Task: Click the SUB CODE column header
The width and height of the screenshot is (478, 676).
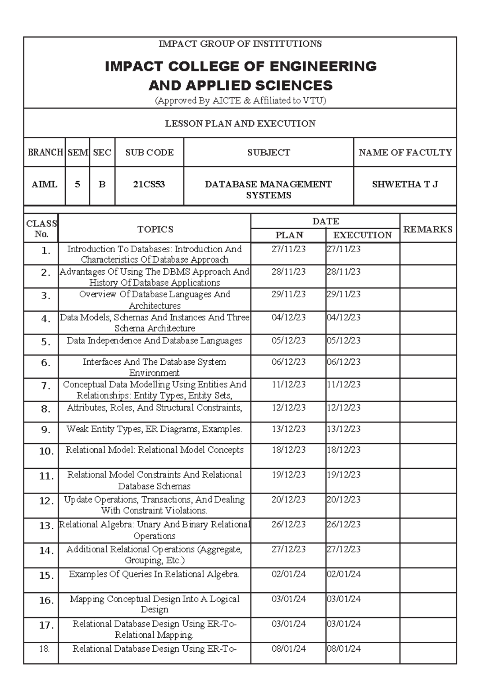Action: (149, 152)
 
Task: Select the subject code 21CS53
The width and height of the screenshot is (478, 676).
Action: (149, 184)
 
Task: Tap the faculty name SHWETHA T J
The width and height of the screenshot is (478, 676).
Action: (405, 184)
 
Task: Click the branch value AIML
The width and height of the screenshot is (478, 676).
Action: (44, 184)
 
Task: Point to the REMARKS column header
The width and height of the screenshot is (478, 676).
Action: (428, 229)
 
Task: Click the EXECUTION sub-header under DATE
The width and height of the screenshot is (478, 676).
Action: (362, 235)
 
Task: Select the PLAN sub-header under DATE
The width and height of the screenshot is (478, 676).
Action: (289, 235)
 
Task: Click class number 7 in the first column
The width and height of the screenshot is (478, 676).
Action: (46, 386)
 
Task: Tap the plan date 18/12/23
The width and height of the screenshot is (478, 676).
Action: (288, 450)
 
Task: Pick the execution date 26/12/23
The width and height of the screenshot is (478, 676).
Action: (343, 524)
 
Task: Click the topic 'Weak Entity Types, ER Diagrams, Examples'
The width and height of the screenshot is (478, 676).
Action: (154, 429)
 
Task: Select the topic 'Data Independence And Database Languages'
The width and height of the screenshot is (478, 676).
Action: (154, 340)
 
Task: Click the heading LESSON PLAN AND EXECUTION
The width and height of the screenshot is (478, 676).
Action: (240, 124)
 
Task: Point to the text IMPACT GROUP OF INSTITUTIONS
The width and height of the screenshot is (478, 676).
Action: (240, 44)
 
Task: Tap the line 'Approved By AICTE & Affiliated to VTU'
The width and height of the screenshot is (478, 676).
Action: (240, 100)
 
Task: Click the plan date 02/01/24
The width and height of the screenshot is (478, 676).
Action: (288, 574)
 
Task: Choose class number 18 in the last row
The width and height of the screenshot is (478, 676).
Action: (44, 648)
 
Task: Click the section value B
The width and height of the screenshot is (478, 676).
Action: (102, 184)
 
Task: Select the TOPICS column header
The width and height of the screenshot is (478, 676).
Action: (155, 229)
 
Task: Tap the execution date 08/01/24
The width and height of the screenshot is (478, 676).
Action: (343, 648)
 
